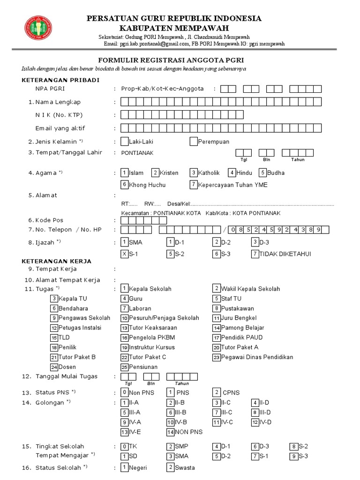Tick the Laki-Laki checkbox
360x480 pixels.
(x=124, y=141)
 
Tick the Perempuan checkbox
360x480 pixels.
(x=194, y=141)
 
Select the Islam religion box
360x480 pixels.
(x=124, y=172)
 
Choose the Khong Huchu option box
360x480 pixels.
(x=124, y=185)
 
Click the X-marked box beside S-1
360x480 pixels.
(x=124, y=254)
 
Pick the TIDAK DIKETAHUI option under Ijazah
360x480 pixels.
(x=255, y=254)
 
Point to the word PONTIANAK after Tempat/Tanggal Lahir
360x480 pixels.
(x=137, y=153)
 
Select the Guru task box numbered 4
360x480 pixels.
(x=124, y=298)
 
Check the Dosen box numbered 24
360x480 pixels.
(x=54, y=367)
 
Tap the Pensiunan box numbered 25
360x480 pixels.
(x=124, y=367)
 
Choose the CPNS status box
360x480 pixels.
(x=216, y=392)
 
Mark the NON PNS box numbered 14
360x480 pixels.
(x=170, y=432)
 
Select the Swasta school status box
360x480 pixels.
(x=170, y=467)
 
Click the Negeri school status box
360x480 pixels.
(x=124, y=467)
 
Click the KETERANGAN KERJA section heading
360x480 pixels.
(x=57, y=261)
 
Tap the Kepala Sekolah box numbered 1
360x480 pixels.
(x=124, y=288)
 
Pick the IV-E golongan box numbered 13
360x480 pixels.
(x=124, y=432)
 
